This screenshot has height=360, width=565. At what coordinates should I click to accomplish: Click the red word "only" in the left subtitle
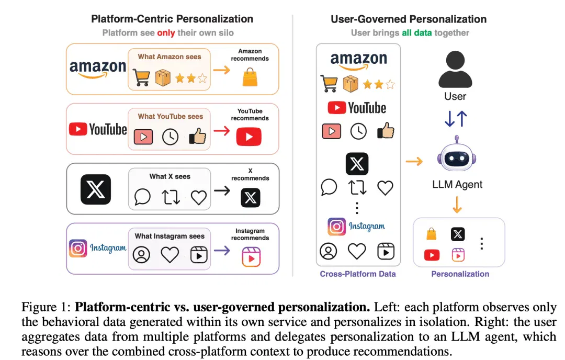(x=166, y=33)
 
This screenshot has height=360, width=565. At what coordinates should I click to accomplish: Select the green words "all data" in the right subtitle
(x=416, y=33)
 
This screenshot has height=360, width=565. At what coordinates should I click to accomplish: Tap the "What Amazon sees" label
(x=169, y=57)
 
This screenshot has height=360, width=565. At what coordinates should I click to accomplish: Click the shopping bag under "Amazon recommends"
(x=250, y=77)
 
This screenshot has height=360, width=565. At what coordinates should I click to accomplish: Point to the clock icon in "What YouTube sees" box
(x=170, y=137)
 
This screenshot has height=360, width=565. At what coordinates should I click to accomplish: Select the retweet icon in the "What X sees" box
(x=171, y=197)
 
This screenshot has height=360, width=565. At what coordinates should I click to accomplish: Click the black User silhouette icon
(x=455, y=69)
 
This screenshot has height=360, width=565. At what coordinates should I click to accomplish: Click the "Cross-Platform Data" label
(x=357, y=274)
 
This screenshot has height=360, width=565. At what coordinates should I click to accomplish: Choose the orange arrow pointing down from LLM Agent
(x=457, y=205)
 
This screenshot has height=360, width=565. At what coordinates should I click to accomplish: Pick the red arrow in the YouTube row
(x=222, y=130)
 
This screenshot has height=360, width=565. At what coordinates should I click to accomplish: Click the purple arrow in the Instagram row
(x=222, y=250)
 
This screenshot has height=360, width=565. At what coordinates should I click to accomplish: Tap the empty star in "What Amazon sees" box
(x=202, y=78)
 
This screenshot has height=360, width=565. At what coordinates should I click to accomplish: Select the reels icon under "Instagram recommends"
(x=251, y=256)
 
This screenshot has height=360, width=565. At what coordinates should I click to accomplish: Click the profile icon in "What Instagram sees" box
(x=141, y=254)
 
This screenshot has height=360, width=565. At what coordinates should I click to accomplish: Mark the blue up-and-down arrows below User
(x=456, y=119)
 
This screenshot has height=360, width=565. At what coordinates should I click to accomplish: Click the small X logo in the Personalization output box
(x=458, y=234)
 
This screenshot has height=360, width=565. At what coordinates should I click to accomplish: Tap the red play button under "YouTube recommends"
(x=249, y=137)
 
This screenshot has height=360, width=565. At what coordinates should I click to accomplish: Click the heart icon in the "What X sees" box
(x=199, y=197)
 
